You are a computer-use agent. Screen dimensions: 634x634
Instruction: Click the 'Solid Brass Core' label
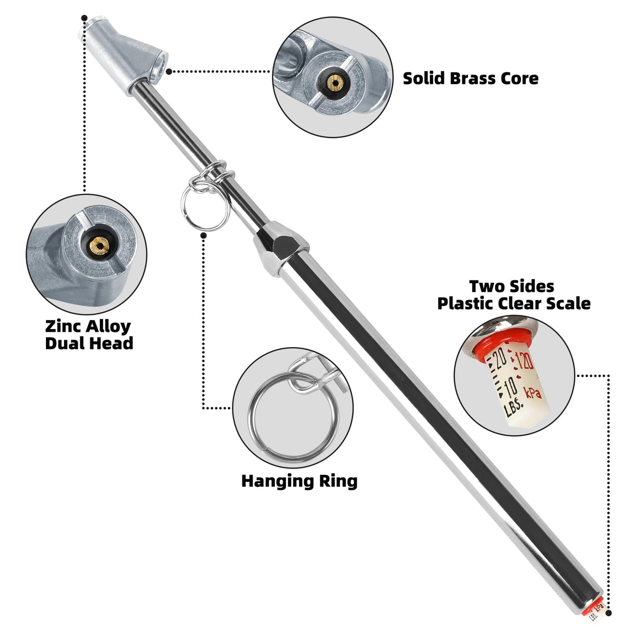coord(471,79)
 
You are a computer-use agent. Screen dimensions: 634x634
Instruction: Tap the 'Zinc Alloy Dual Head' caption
coord(89,334)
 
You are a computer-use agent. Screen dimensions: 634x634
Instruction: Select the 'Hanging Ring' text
coord(300,481)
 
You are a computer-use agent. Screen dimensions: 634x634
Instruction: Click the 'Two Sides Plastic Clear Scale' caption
coord(514,294)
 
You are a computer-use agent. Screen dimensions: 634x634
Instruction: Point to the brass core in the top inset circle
coord(335,82)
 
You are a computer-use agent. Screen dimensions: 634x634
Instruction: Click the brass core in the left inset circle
coord(99,246)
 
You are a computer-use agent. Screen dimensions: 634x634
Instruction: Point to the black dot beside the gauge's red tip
coord(608,613)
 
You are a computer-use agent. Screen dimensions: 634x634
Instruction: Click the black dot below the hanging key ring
coord(203,236)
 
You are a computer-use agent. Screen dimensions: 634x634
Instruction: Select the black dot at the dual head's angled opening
coord(169,71)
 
